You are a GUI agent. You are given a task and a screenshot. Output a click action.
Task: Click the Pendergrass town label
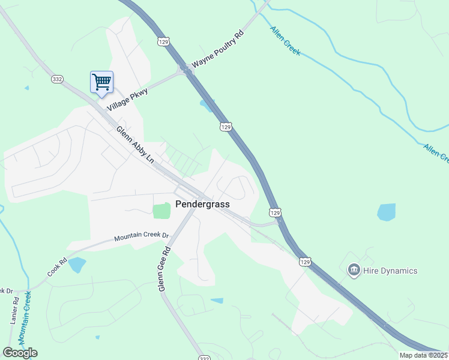202,204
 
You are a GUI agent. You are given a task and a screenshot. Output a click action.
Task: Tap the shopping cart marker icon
101,82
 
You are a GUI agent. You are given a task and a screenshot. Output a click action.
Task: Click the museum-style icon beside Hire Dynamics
354,271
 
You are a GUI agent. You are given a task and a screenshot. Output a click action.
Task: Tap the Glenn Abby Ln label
135,144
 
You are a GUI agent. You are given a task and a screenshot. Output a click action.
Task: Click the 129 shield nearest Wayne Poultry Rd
164,41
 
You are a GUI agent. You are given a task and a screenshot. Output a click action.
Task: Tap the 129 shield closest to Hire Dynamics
305,262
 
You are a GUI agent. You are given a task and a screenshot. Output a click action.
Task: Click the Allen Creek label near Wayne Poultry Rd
285,41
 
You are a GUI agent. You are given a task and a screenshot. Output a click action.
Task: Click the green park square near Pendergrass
161,211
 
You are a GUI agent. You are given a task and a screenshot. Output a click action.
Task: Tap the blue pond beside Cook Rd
77,265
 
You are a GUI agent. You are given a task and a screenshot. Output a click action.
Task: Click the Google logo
20,353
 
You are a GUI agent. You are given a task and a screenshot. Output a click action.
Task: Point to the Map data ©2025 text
423,355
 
